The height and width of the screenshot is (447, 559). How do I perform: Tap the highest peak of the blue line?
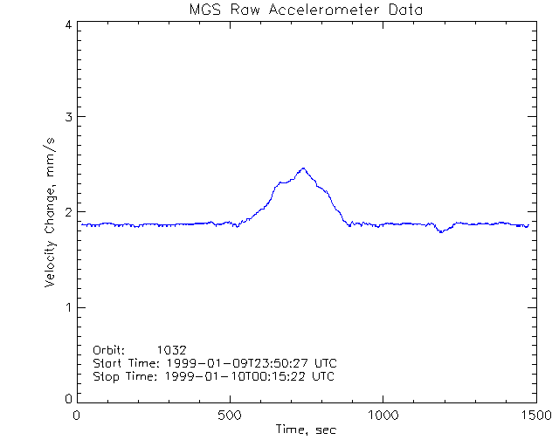(x=303, y=168)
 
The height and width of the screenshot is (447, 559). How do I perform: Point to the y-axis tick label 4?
(x=67, y=24)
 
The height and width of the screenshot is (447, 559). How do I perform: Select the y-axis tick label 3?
(x=67, y=117)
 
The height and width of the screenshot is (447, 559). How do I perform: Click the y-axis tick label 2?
(x=67, y=212)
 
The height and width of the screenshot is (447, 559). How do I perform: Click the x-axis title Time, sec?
(x=306, y=430)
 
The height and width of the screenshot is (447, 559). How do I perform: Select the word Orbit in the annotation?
(x=108, y=349)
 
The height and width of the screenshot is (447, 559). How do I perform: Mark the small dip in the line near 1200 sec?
(x=442, y=231)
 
